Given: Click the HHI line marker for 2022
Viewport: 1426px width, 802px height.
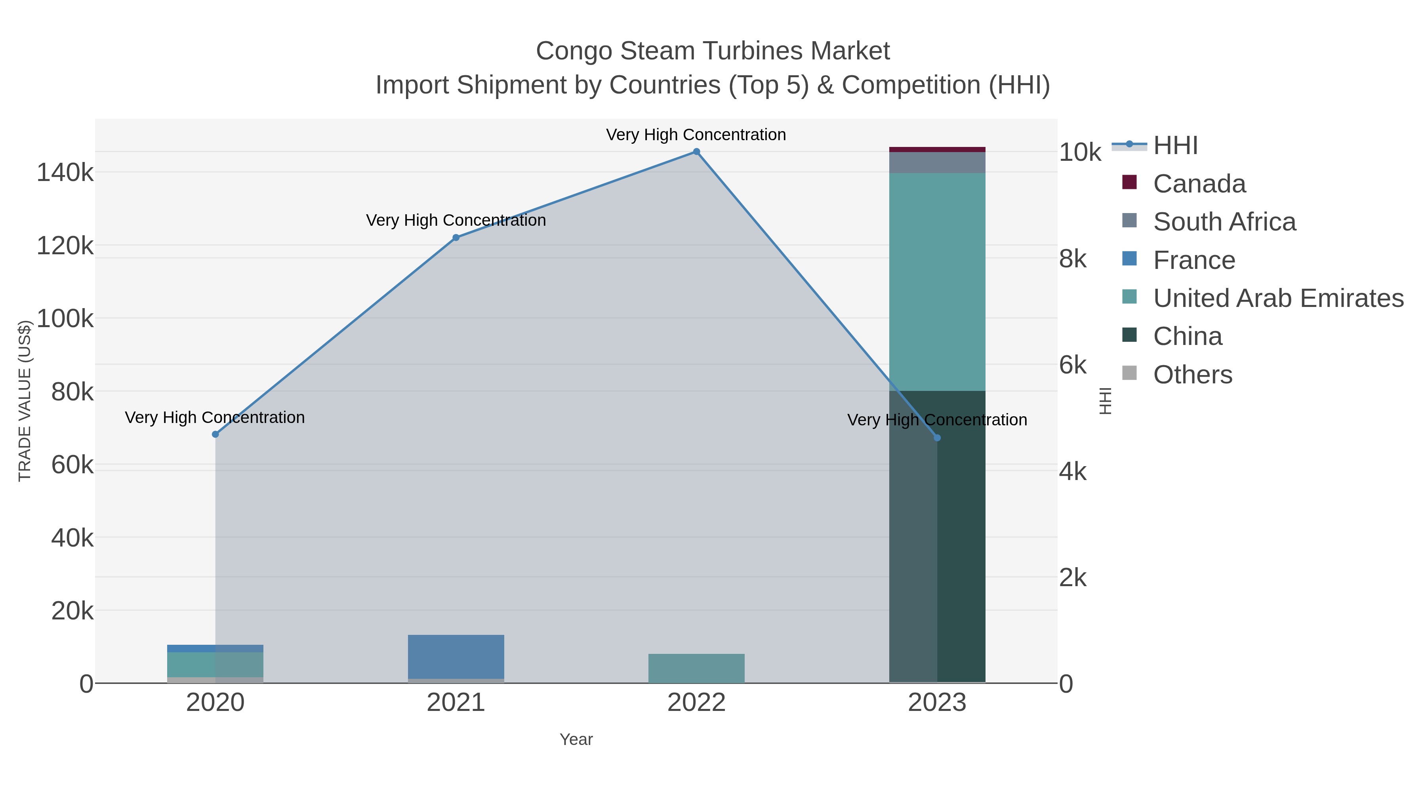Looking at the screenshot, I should [696, 152].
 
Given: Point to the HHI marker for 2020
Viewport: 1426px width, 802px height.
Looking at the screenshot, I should [215, 434].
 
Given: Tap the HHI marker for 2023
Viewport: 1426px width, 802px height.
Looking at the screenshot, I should [937, 438].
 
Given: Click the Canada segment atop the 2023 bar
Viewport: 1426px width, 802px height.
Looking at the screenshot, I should [937, 149].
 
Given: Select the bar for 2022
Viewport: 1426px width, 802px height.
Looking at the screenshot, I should [696, 668].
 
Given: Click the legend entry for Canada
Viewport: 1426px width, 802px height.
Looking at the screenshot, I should [1199, 184].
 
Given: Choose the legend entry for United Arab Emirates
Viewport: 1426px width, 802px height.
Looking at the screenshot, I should [1278, 298].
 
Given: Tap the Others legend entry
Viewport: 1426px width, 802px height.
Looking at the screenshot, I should [1192, 375].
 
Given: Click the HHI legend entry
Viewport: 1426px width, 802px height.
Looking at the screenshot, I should [1175, 146].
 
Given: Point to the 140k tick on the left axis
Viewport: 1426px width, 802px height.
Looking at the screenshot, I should [65, 173].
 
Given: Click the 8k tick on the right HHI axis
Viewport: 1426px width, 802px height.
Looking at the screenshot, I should [1073, 259].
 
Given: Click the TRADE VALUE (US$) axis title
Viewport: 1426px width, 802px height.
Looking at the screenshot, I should [25, 401].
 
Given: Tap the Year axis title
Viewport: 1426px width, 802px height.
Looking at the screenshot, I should [576, 739].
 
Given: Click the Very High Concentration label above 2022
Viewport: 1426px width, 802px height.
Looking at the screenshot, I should [696, 135].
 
